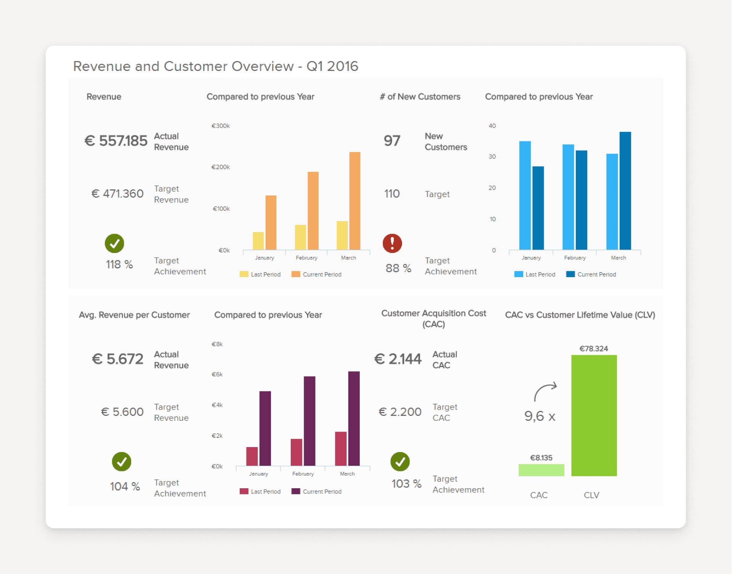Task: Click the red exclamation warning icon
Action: tap(392, 243)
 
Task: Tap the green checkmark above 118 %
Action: tap(114, 243)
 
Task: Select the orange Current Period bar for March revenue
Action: tap(354, 201)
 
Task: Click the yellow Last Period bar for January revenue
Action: tap(258, 241)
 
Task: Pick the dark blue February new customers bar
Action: tap(581, 200)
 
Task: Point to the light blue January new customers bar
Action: tap(525, 195)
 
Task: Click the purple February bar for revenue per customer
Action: tap(309, 421)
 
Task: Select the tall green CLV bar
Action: tap(594, 415)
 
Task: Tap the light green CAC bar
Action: tap(541, 470)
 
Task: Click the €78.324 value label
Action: tap(594, 349)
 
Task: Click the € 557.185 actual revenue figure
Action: tap(116, 141)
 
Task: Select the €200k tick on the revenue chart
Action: tap(221, 167)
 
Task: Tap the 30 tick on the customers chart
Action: tap(492, 157)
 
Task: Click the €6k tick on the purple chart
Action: tap(217, 374)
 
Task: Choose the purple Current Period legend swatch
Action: tap(296, 491)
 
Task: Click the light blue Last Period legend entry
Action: tap(534, 274)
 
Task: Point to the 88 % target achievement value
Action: tap(398, 268)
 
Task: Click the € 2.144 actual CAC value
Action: tap(398, 359)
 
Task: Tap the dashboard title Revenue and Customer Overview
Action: tap(215, 66)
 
